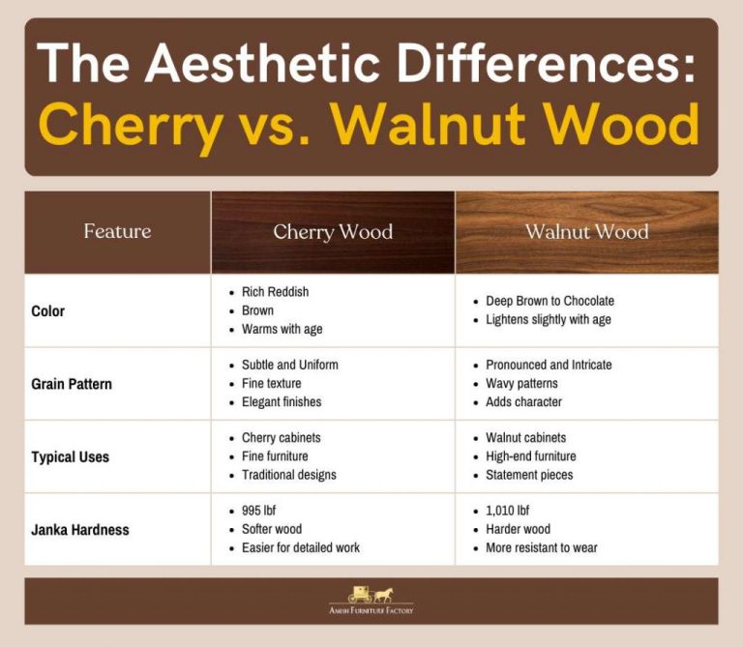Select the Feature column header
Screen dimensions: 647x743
[117, 231]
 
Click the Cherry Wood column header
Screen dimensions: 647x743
[333, 231]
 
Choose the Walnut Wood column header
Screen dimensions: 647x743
[586, 231]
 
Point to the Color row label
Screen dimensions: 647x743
[48, 311]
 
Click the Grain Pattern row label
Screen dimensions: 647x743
[72, 384]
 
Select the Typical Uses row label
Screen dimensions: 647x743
[70, 456]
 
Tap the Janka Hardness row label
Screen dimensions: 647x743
[80, 530]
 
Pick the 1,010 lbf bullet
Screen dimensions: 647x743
[508, 511]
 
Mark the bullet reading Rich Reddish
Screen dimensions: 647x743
[275, 292]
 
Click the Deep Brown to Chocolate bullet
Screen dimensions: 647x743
[550, 301]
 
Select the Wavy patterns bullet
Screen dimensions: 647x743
[521, 383]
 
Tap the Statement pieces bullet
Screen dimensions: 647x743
[529, 475]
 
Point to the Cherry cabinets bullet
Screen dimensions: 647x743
[281, 438]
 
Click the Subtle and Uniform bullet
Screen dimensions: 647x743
[289, 365]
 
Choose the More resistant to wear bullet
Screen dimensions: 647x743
[541, 547]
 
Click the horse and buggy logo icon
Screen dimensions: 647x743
[371, 593]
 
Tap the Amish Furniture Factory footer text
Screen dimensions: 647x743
[371, 610]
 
